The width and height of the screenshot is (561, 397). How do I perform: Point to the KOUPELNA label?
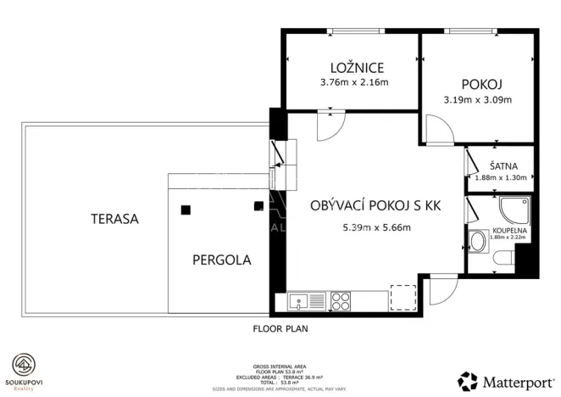(508, 230)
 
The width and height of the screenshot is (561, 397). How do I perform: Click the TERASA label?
(114, 219)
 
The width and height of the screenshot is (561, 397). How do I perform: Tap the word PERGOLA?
(221, 260)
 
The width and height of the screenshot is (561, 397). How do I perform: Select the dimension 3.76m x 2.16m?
(353, 83)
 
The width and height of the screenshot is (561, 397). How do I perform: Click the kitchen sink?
(306, 300)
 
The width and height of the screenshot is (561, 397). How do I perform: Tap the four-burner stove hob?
(341, 300)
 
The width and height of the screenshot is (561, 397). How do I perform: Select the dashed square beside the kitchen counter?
(403, 297)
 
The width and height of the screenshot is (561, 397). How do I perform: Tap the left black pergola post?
(185, 209)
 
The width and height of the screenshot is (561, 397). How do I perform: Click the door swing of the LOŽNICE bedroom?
(327, 126)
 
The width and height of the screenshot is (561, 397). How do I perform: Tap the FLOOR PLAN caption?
(280, 327)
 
